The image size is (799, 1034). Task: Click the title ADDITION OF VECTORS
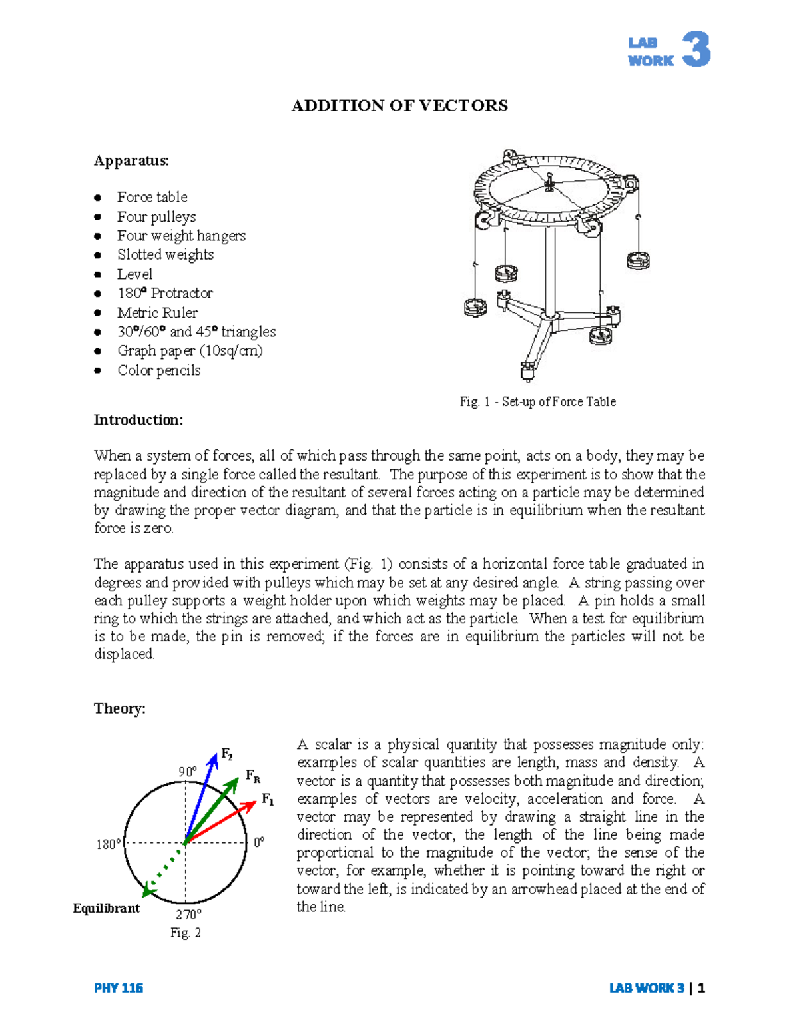400,106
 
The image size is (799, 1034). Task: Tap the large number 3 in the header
696,50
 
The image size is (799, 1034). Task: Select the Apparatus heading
131,160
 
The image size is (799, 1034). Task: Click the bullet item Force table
152,197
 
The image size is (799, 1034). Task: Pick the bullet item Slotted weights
165,254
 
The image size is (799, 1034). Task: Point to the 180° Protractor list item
164,293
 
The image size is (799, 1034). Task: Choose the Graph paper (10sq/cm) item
190,350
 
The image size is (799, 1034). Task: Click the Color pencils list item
158,370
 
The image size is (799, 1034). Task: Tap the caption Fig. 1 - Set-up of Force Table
537,401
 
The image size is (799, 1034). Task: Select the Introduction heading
138,420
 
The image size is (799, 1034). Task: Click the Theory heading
119,708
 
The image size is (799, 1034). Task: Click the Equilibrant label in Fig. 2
107,908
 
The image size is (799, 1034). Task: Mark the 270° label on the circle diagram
188,915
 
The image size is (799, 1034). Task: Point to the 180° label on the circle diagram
109,844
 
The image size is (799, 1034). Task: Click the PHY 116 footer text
119,988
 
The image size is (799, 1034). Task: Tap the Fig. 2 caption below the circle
185,933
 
